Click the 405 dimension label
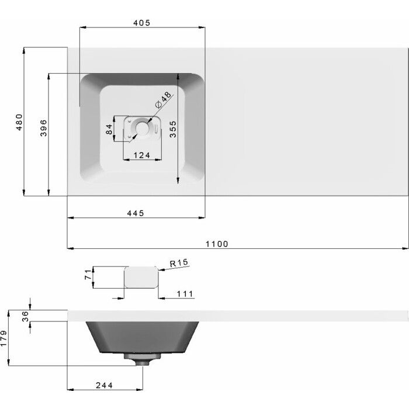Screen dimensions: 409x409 pyautogui.click(x=141, y=23)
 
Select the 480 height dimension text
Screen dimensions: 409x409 pyautogui.click(x=19, y=122)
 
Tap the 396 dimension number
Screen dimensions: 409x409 pyautogui.click(x=44, y=128)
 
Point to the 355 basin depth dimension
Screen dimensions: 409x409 pyautogui.click(x=173, y=129)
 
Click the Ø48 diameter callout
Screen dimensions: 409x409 pyautogui.click(x=163, y=100)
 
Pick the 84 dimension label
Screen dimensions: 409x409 pyautogui.click(x=109, y=129)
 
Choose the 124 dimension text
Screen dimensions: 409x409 pyautogui.click(x=142, y=155)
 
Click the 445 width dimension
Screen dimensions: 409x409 pyautogui.click(x=136, y=213)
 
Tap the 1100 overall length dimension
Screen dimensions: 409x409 pyautogui.click(x=217, y=244)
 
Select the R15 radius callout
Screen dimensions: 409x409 pyautogui.click(x=179, y=263)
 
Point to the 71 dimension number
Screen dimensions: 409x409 pyautogui.click(x=88, y=275)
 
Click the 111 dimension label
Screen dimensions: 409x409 pyautogui.click(x=185, y=294)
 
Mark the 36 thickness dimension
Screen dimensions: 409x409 pyautogui.click(x=25, y=317)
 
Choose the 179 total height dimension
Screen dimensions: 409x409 pyautogui.click(x=4, y=338)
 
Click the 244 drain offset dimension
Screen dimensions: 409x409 pyautogui.click(x=105, y=385)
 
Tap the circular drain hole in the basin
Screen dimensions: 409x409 pyautogui.click(x=141, y=129)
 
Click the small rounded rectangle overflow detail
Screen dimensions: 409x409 pyautogui.click(x=141, y=277)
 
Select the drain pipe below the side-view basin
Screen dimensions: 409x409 pyautogui.click(x=143, y=359)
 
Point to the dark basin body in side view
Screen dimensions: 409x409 pyautogui.click(x=143, y=337)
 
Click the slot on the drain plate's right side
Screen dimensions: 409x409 pyautogui.click(x=156, y=129)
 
